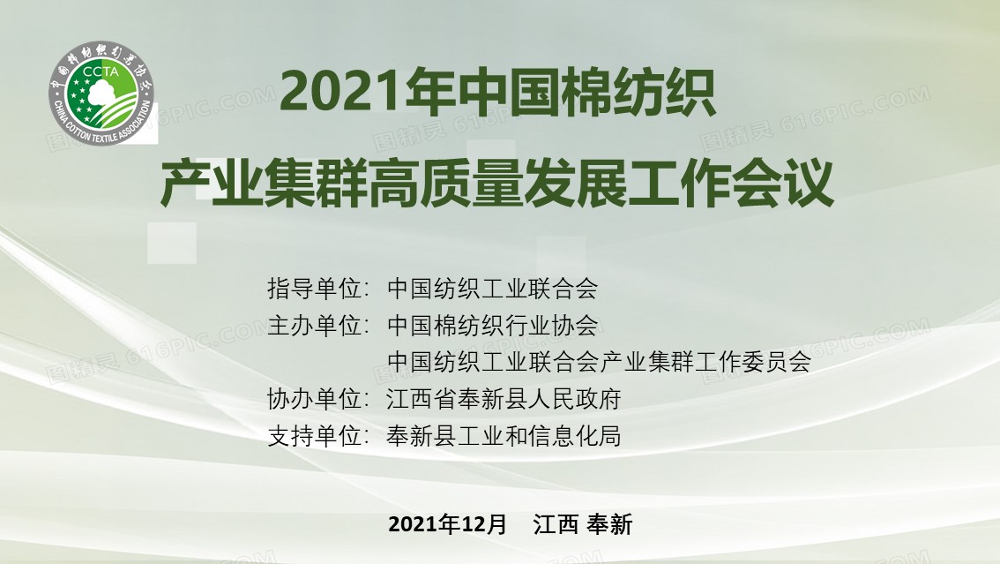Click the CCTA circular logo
point(102,94)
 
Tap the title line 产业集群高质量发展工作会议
point(496,183)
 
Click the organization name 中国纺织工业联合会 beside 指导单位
point(492,289)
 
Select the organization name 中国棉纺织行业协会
point(492,326)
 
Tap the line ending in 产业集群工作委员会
point(599,362)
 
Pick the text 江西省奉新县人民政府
point(504,400)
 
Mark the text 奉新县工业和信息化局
point(504,436)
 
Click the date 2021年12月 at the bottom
point(448,524)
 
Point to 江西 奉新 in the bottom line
point(583,524)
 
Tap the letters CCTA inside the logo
point(101,72)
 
